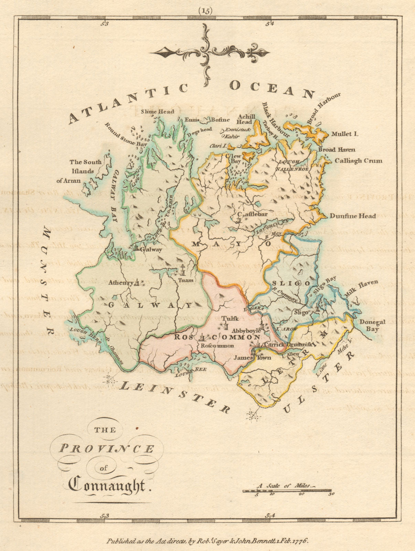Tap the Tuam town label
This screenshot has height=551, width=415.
pyautogui.click(x=183, y=280)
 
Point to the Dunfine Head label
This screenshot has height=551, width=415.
pyautogui.click(x=353, y=216)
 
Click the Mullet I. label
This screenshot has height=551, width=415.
pyautogui.click(x=344, y=134)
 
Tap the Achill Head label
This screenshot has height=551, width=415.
pyautogui.click(x=246, y=119)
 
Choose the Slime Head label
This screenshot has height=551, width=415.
pyautogui.click(x=158, y=112)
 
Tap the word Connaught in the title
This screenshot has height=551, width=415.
pyautogui.click(x=110, y=486)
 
